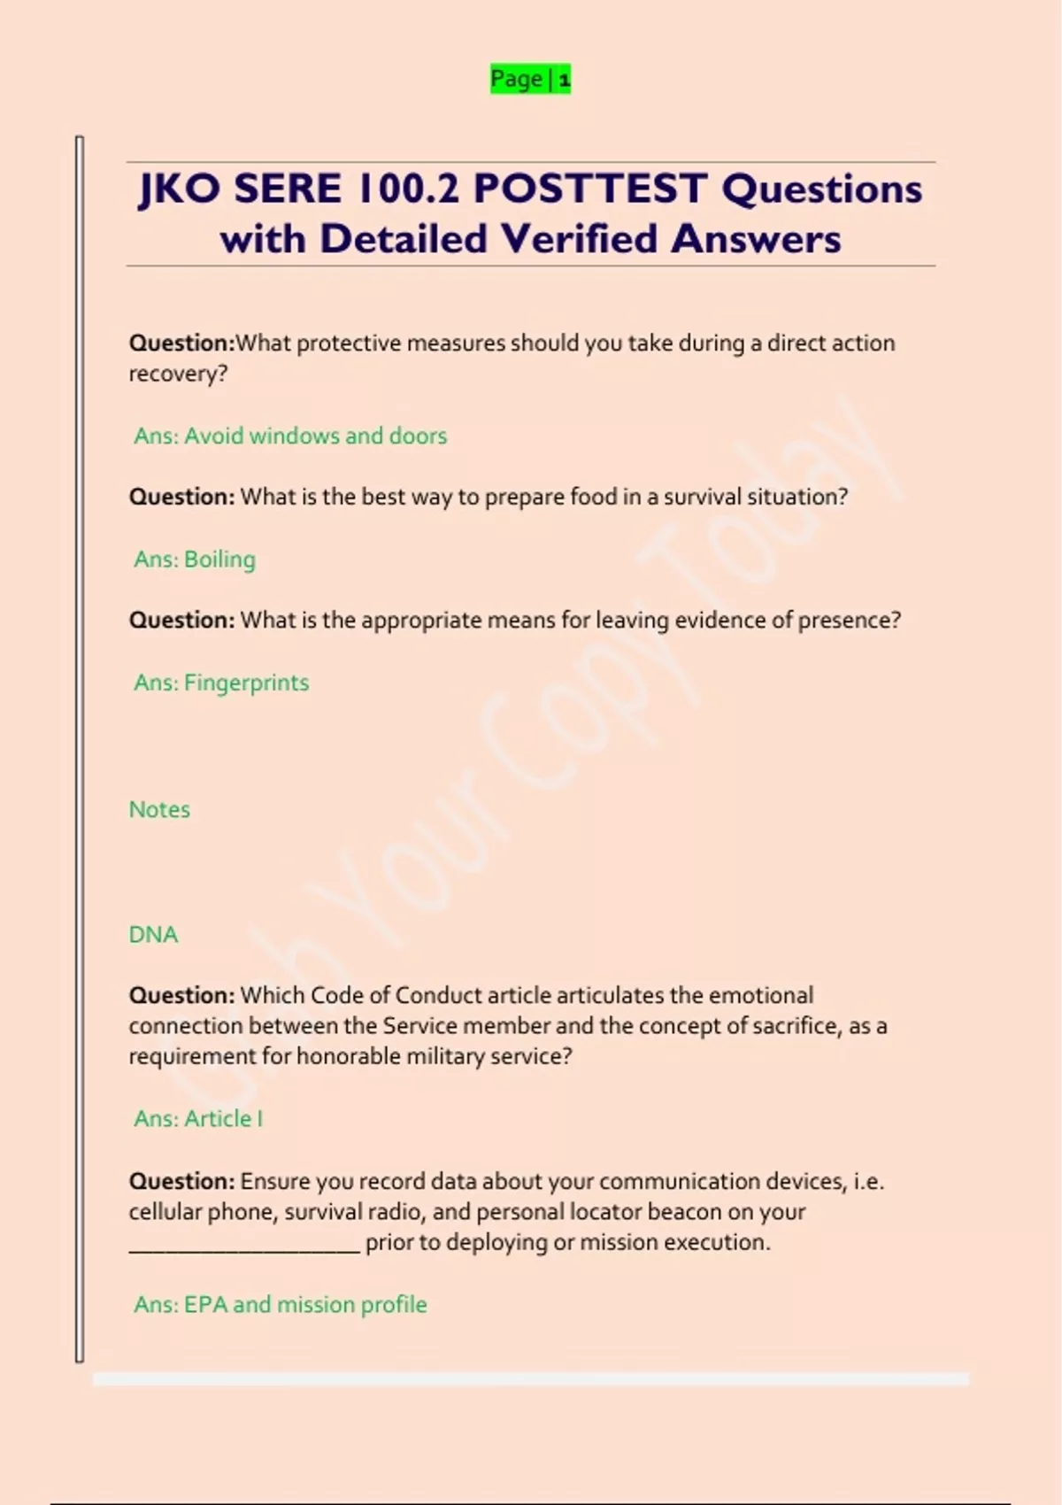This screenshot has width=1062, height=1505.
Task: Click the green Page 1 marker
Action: tap(530, 80)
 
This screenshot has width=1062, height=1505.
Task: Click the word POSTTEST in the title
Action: tap(590, 189)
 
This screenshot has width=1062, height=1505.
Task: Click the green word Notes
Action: tap(159, 809)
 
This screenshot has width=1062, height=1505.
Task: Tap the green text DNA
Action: tap(153, 934)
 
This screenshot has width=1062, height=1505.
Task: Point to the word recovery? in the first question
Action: tap(178, 374)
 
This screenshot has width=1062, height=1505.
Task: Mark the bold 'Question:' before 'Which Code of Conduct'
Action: tap(181, 995)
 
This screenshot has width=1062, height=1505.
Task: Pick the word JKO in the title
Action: tap(180, 189)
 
